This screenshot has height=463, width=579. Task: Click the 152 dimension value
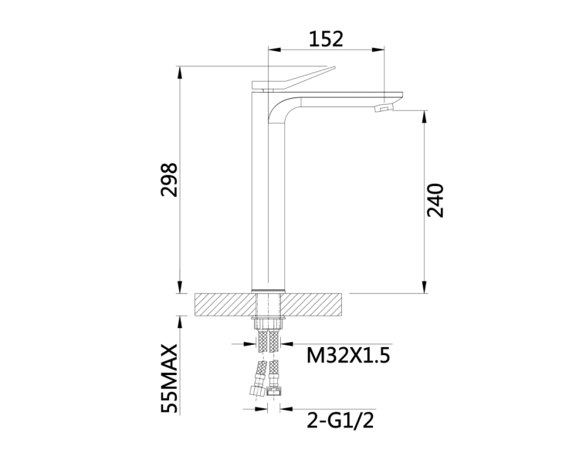[x=326, y=39]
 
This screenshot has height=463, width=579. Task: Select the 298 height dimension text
[x=170, y=180]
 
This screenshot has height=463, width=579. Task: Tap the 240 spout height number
[x=435, y=200]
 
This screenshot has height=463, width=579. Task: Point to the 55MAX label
[x=170, y=378]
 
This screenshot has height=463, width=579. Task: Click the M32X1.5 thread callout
[x=348, y=356]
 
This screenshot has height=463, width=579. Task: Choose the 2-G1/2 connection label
[x=340, y=420]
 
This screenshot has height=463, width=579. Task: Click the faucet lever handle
[x=293, y=79]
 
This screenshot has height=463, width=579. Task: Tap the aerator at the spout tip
[x=384, y=108]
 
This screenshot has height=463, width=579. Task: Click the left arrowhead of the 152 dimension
[x=274, y=50]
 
